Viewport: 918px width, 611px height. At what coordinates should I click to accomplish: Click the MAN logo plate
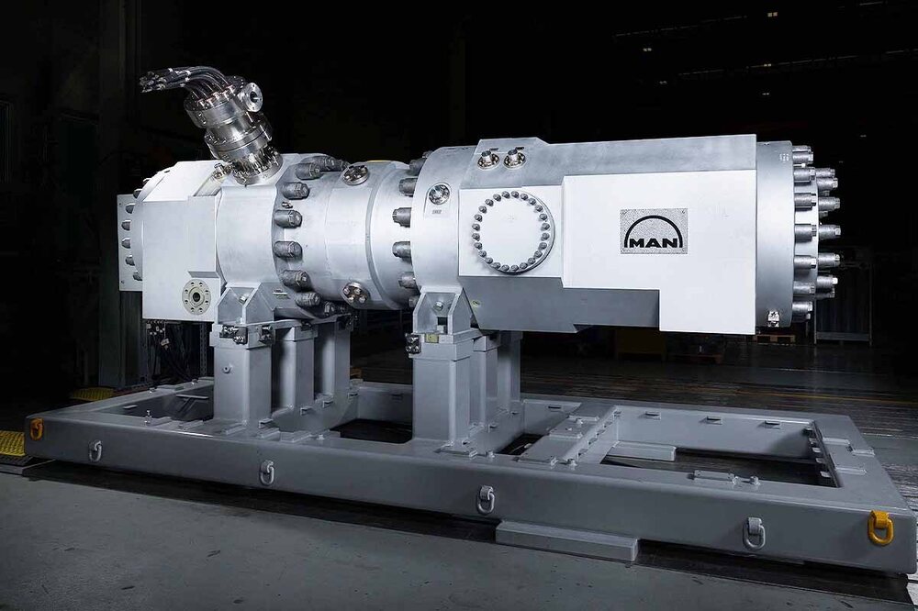point(654,231)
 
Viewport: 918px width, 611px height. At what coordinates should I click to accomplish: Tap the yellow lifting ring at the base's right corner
point(880,528)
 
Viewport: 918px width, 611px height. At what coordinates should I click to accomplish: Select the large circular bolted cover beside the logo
point(512,232)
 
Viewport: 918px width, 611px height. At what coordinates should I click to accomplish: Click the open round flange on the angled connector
point(252,97)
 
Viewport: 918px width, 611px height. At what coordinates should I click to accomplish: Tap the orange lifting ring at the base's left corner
point(37,429)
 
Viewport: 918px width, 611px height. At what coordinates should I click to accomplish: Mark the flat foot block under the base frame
point(566,539)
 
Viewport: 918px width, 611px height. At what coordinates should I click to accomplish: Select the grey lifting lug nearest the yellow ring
point(754,533)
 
